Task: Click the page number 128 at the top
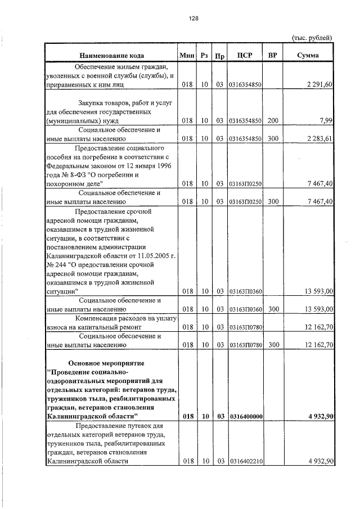coord(194,18)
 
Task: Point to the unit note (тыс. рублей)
coord(312,38)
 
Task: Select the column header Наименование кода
coord(111,56)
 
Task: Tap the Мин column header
coord(187,56)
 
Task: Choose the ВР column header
coord(273,56)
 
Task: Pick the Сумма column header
coord(308,56)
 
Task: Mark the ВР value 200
coord(273,120)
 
